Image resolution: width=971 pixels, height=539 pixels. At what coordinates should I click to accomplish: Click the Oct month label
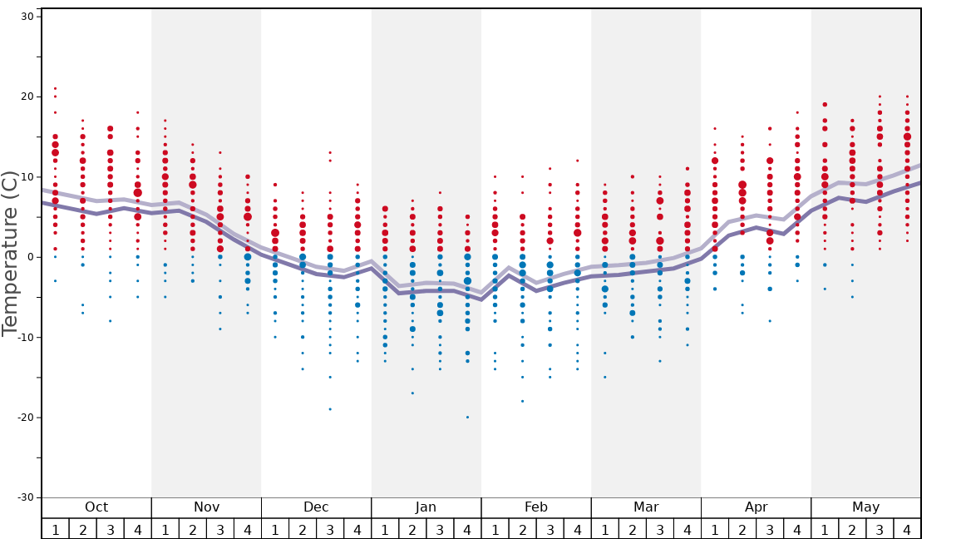click(96, 507)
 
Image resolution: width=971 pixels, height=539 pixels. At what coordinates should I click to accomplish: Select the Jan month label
click(426, 507)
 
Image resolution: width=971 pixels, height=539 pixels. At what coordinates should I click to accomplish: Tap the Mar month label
click(646, 507)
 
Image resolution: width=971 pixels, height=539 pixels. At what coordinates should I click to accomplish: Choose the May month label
click(865, 507)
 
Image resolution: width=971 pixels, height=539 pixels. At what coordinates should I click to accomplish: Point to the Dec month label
click(316, 507)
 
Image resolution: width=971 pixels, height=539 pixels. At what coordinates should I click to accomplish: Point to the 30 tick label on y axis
click(27, 17)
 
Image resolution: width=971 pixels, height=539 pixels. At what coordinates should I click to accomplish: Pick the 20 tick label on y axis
click(27, 96)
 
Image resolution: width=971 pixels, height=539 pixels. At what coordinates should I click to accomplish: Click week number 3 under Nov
click(220, 529)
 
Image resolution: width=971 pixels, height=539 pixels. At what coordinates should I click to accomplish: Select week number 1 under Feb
click(495, 529)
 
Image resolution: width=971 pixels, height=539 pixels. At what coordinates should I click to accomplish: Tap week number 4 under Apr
click(797, 529)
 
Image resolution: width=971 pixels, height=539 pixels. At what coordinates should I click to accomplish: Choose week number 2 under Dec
click(303, 529)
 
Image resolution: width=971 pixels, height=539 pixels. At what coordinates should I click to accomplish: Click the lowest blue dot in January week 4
click(467, 417)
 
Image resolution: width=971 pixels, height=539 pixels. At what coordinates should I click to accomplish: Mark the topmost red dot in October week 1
click(56, 88)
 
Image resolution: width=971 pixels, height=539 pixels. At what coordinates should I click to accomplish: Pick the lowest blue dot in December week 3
click(330, 409)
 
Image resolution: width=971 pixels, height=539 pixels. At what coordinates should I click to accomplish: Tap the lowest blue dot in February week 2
click(522, 401)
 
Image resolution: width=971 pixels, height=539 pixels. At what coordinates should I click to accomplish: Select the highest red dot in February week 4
click(577, 161)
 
